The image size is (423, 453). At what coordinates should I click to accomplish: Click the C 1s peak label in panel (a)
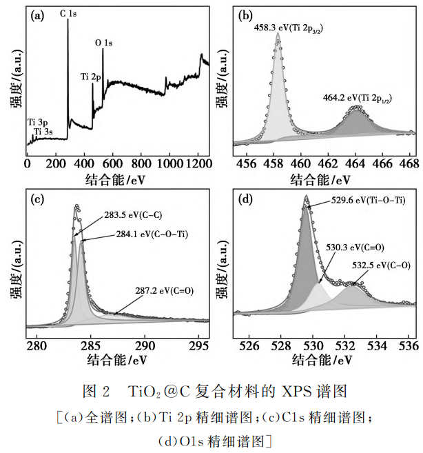point(68,14)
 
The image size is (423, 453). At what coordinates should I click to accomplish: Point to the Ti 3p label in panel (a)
point(39,121)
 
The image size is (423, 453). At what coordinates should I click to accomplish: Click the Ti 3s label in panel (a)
point(43,131)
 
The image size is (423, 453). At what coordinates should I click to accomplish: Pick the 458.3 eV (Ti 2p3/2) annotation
point(286,30)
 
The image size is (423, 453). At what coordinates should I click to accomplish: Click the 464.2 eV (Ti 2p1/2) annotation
point(358,99)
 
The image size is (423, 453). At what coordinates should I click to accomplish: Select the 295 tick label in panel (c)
point(198,345)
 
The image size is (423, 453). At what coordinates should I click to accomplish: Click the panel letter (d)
point(245,200)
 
